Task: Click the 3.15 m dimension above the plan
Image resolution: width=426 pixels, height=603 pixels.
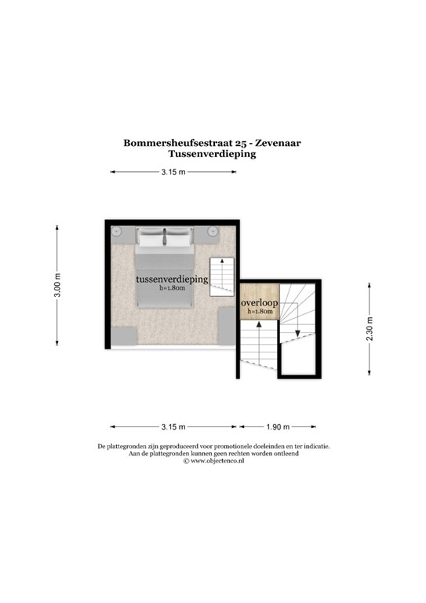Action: point(173,172)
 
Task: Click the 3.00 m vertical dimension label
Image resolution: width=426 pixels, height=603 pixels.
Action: point(56,284)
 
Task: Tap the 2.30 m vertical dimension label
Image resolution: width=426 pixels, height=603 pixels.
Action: point(370,326)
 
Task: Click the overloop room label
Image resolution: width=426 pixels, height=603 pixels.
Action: point(260,303)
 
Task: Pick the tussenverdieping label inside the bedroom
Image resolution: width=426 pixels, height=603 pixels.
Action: point(171,280)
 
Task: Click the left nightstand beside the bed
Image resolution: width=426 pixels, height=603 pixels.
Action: point(117,232)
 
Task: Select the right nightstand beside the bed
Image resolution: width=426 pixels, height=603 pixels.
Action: point(212,232)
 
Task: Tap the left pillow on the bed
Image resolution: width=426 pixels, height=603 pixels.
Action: point(151,238)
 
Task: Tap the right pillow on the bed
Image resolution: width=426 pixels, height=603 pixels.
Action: point(178,238)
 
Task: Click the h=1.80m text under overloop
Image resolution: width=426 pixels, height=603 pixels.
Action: point(260,312)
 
